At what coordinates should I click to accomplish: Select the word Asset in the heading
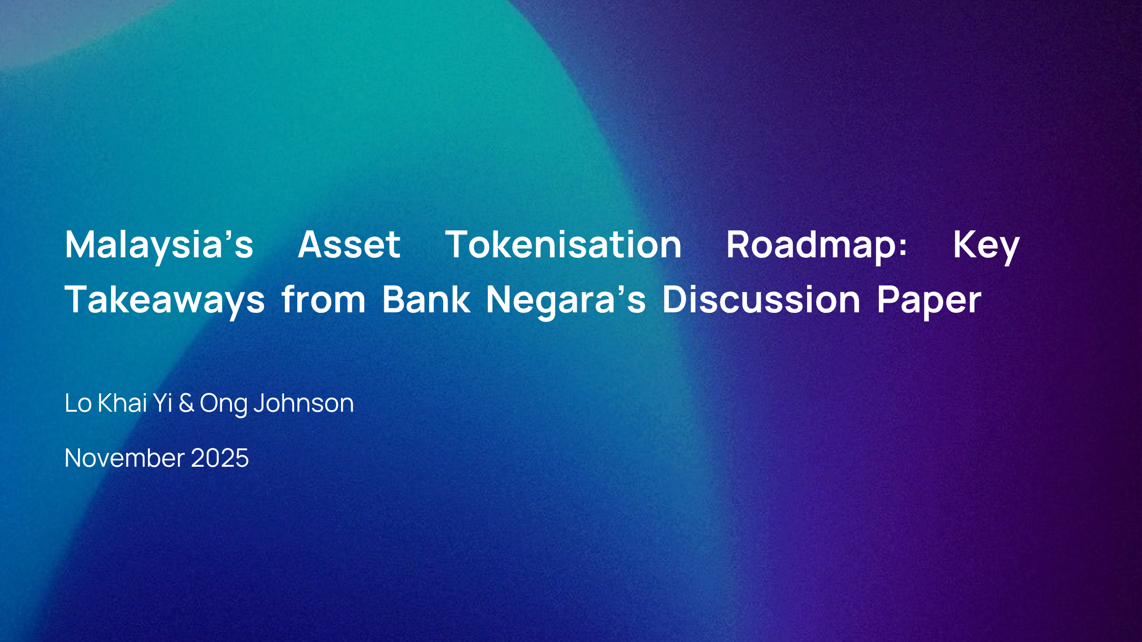click(349, 245)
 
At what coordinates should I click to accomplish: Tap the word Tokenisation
click(563, 245)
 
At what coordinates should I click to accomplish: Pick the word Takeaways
click(165, 301)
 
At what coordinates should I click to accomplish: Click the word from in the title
click(323, 299)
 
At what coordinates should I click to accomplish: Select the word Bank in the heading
click(426, 299)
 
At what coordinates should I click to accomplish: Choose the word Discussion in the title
click(762, 299)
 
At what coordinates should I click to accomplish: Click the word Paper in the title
click(929, 301)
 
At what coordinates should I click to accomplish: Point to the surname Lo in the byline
click(78, 403)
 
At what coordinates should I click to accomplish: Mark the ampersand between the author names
click(186, 403)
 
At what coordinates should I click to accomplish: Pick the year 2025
click(220, 458)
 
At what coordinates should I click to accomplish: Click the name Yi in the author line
click(163, 403)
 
